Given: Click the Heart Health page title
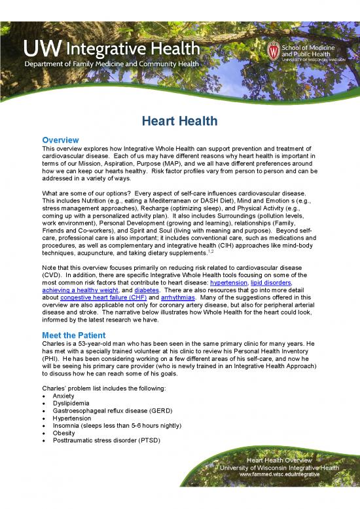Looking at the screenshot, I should (180, 122).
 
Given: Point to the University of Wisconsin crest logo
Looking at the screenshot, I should (274, 50).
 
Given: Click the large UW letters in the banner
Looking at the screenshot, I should (43, 48).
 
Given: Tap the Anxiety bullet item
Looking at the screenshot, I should (62, 396).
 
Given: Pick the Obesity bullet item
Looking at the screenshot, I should (62, 439).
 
